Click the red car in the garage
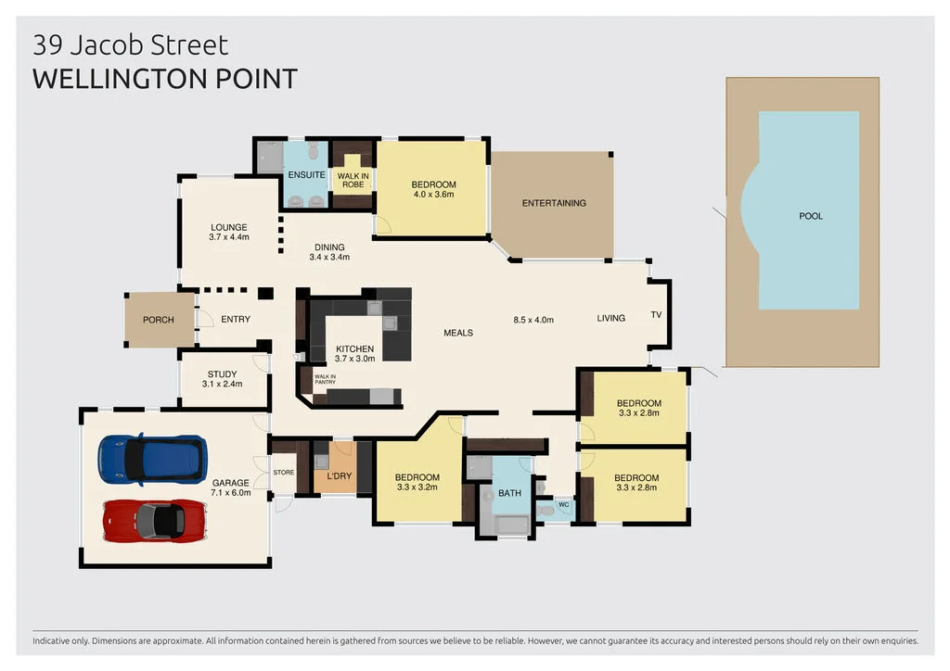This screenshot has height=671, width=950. point(154,521)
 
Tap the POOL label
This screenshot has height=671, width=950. point(811,216)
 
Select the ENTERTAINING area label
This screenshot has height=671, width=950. point(553,203)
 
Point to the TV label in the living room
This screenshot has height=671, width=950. point(656,315)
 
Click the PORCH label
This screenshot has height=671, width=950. point(158,320)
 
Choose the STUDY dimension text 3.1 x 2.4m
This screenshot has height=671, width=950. point(223,384)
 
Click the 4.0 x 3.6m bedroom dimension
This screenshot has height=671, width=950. point(433,196)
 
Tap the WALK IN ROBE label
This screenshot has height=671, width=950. point(352,180)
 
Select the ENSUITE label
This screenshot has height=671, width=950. point(306,175)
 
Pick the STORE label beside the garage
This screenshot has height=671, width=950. point(284,473)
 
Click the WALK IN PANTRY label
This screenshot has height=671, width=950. point(325,378)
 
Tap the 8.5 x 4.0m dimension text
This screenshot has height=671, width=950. point(533,320)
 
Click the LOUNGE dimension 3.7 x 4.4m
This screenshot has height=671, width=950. point(229,237)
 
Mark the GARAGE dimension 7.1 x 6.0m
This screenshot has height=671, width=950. point(230,493)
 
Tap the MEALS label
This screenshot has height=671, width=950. point(458,333)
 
